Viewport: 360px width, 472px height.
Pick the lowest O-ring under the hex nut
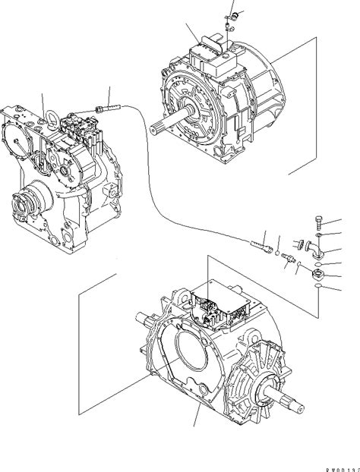pos(319,288)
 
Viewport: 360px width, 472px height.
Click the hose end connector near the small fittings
pos(259,244)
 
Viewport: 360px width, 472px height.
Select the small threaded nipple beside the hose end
pos(288,259)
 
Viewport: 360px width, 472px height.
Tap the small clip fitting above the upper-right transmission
pos(232,14)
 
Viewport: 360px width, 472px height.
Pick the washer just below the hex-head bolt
pos(319,235)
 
